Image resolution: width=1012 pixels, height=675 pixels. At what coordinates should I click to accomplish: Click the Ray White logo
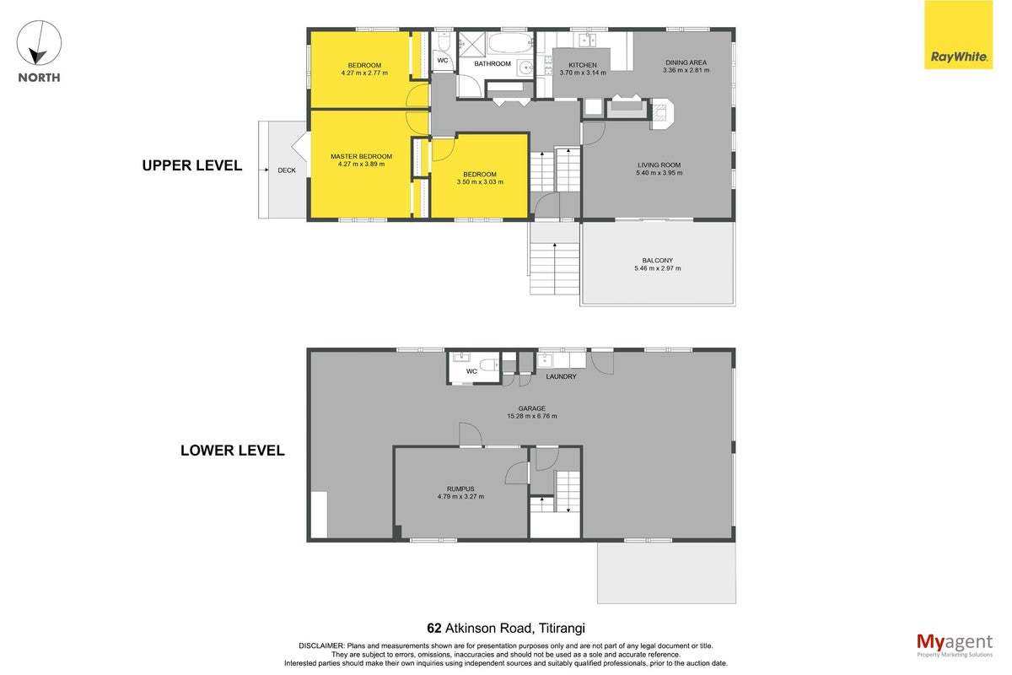[958, 35]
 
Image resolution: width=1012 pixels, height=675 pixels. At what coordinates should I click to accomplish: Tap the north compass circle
[40, 43]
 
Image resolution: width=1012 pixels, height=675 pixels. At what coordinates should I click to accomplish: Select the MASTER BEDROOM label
[362, 156]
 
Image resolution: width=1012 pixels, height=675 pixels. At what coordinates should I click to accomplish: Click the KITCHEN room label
[583, 65]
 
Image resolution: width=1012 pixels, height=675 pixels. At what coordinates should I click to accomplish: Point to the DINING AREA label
[686, 62]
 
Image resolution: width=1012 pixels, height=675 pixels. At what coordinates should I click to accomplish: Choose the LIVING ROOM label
[659, 165]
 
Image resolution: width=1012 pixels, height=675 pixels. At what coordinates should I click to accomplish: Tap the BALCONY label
[657, 261]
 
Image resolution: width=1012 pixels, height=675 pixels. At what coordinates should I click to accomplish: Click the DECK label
[287, 170]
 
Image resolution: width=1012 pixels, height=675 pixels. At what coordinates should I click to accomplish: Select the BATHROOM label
[493, 64]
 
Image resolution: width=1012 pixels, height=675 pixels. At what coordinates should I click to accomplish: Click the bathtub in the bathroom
[511, 43]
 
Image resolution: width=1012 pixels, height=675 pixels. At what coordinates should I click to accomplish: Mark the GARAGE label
[532, 408]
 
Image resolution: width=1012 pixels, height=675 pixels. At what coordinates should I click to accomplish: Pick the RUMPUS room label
[460, 489]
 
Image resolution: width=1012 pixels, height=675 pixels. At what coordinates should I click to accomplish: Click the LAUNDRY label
[561, 376]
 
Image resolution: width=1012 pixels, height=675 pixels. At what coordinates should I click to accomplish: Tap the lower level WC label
[471, 371]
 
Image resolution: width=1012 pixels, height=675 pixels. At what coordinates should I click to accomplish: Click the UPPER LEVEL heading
[192, 165]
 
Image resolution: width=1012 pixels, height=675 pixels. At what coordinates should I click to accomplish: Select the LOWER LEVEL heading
[233, 451]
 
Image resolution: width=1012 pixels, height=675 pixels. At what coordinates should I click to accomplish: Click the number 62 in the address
[434, 628]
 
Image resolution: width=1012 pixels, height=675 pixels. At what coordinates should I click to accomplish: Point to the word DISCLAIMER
[321, 646]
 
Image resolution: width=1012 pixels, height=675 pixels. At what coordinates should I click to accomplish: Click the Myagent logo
[955, 645]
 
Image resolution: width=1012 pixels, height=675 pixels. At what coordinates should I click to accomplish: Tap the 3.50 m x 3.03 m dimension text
[480, 182]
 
